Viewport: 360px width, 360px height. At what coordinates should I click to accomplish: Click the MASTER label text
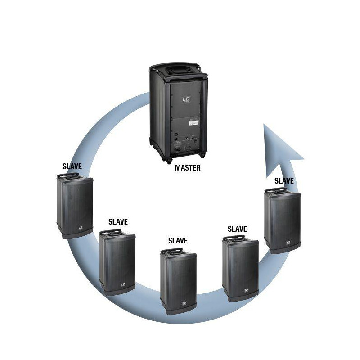187,168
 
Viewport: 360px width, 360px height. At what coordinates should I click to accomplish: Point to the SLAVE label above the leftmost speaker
72,166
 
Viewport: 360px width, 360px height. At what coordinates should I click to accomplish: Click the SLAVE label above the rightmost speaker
284,180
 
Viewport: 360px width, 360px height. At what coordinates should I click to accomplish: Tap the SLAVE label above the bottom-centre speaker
178,241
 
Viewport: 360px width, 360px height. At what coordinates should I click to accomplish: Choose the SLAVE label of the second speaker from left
118,222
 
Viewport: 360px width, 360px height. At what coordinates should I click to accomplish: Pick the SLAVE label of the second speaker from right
237,229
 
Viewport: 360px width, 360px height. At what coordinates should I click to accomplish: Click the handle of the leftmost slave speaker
71,177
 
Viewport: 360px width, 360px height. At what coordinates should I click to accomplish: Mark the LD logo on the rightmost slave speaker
287,243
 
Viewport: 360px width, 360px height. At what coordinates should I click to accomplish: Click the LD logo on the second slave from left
122,285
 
